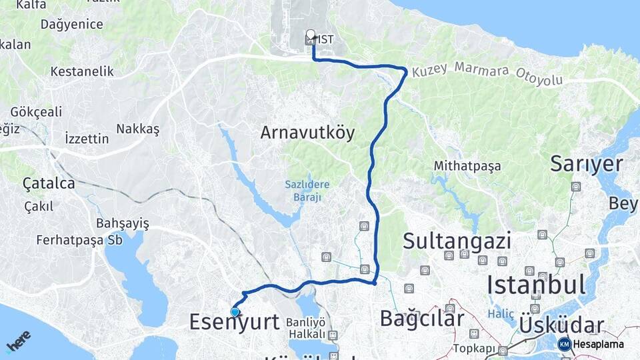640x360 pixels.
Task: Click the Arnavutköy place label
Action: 307,133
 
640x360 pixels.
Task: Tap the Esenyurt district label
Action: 234,321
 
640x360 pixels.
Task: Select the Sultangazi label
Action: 457,241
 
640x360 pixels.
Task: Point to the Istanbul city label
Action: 536,285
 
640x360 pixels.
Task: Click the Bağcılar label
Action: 421,318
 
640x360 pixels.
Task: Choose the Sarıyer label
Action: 586,163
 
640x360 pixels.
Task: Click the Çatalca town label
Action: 48,183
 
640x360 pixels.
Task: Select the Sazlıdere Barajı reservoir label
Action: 307,190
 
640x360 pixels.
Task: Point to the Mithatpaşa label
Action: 467,165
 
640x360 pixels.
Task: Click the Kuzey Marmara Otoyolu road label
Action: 487,74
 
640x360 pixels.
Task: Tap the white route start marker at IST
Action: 311,35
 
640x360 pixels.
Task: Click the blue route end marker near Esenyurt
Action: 235,311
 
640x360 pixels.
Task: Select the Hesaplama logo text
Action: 597,344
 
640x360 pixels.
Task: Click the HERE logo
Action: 18,341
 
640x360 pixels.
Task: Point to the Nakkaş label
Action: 138,129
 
